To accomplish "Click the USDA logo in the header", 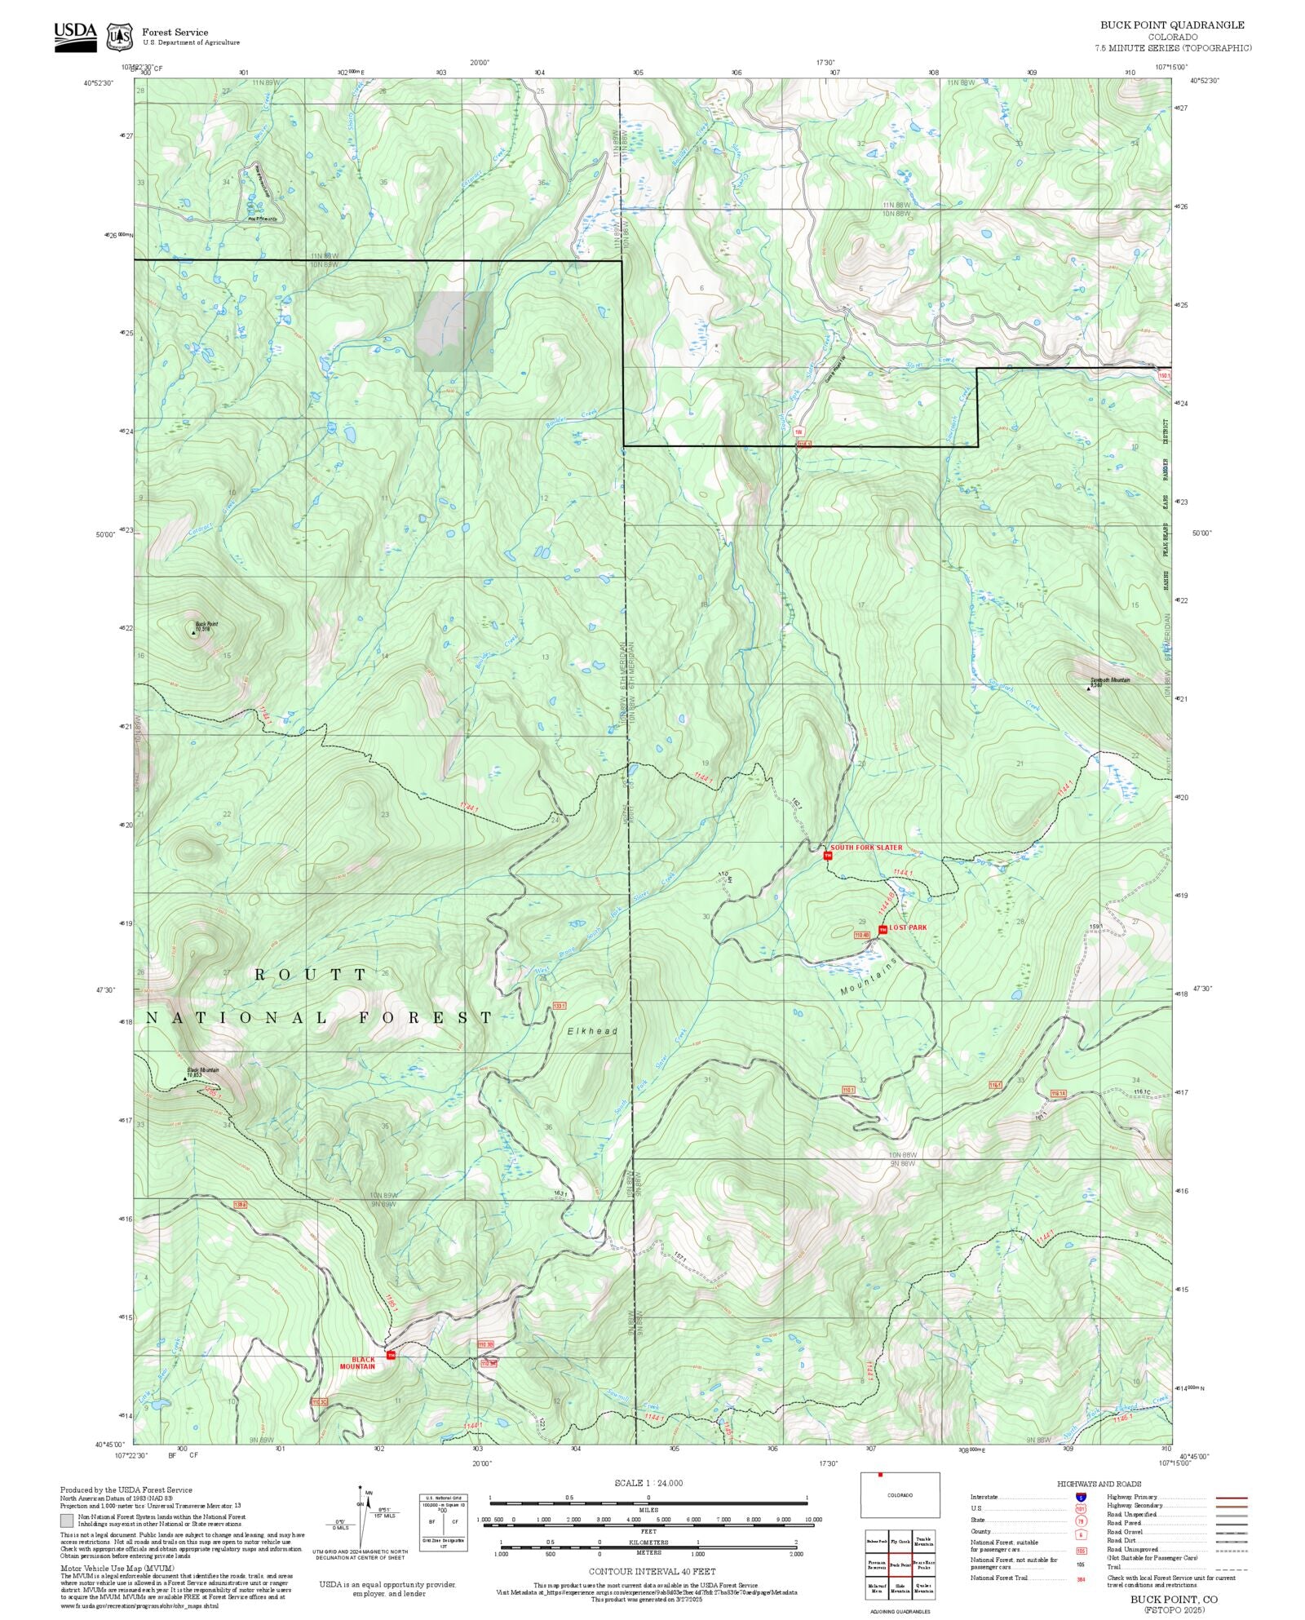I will (75, 36).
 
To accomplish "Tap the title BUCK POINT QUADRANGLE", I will (1172, 25).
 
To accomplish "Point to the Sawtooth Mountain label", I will (1110, 679).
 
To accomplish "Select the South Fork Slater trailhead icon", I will (827, 855).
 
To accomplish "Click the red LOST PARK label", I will (908, 927).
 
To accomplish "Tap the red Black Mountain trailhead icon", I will (391, 1356).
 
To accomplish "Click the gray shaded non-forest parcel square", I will (453, 331).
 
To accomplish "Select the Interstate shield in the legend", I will (1082, 1497).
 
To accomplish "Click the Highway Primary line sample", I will (1231, 1498).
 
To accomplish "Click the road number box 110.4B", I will (862, 934).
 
